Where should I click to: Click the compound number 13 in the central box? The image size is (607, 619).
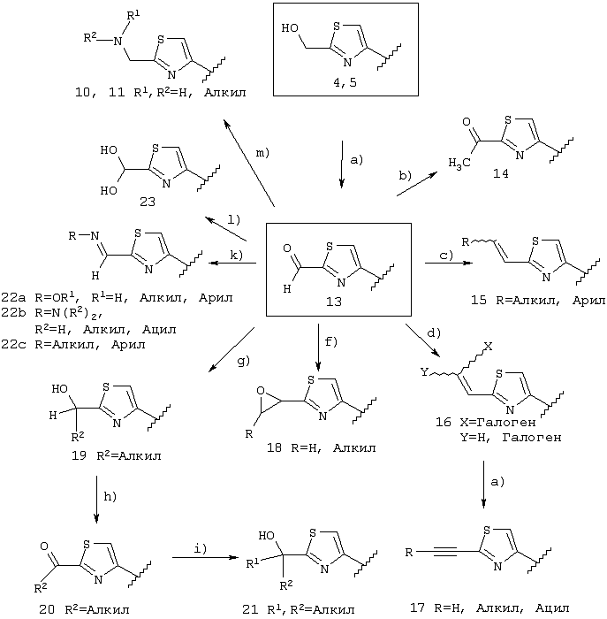coord(333,302)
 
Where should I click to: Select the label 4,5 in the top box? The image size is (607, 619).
coord(345,82)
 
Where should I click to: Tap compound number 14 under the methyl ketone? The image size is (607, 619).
coord(500,173)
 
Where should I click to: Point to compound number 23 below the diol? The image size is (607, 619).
coord(148,203)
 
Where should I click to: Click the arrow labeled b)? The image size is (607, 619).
coord(417,184)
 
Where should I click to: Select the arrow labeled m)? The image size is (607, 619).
coord(249,163)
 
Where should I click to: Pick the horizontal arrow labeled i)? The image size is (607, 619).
coord(206,557)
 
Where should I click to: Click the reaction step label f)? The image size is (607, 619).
coord(331,341)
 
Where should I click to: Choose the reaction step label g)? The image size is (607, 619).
coord(244,361)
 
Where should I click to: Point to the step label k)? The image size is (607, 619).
coord(236,255)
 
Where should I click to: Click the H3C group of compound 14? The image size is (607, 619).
coord(459,163)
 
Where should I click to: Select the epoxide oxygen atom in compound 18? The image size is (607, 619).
coord(261,391)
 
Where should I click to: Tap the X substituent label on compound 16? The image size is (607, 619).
coord(489,347)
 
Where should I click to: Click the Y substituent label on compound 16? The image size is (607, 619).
coord(424,372)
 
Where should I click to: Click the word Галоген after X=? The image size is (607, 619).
coord(506,423)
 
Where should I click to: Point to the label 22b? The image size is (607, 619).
coord(13,313)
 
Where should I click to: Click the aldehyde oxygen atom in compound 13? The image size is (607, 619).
coord(287,248)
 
